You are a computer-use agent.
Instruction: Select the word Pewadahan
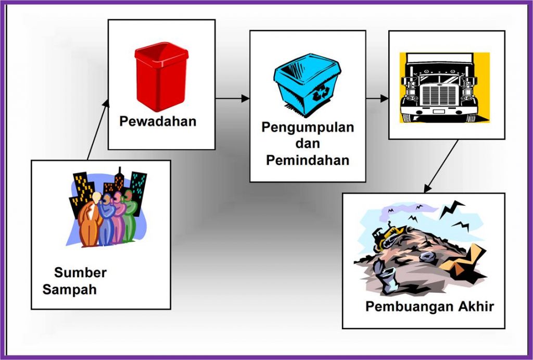pyautogui.click(x=158, y=121)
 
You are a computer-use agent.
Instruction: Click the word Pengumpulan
pyautogui.click(x=308, y=128)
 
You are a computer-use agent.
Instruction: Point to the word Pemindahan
pyautogui.click(x=307, y=160)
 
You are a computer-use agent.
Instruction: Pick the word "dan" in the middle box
pyautogui.click(x=307, y=144)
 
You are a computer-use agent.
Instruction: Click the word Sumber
pyautogui.click(x=80, y=272)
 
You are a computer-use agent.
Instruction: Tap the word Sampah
pyautogui.click(x=70, y=290)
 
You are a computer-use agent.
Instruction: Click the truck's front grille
pyautogui.click(x=439, y=95)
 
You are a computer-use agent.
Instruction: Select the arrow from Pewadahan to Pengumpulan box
pyautogui.click(x=232, y=98)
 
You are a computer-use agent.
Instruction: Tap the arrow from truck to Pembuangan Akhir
pyautogui.click(x=441, y=166)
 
